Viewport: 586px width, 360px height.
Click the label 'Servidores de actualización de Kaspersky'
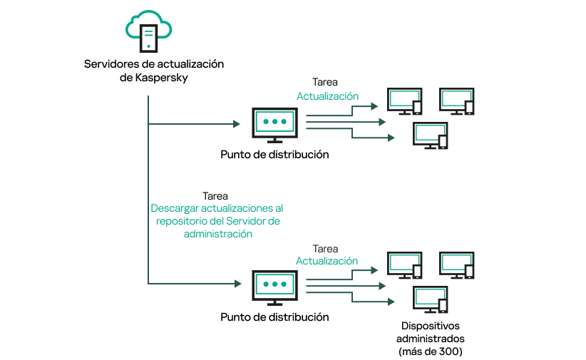(153, 71)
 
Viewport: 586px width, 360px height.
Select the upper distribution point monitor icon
(274, 123)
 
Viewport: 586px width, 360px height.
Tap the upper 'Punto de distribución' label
(274, 154)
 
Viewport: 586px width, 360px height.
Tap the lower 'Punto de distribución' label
(274, 317)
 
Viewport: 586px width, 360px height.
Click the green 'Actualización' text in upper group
(327, 96)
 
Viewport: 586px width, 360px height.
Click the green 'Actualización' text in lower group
(327, 261)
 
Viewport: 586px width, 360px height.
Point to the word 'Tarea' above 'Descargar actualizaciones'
(215, 195)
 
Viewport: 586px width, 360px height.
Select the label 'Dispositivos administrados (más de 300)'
(429, 339)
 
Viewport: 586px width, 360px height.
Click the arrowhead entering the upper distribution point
(236, 124)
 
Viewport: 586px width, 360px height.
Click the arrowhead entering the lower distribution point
(236, 284)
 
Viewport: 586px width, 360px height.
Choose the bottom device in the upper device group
(430, 135)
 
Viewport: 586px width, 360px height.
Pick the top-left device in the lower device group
(404, 266)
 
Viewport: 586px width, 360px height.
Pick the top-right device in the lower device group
(456, 266)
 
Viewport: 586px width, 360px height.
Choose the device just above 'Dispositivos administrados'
(430, 299)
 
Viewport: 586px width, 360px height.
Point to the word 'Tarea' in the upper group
(325, 82)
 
